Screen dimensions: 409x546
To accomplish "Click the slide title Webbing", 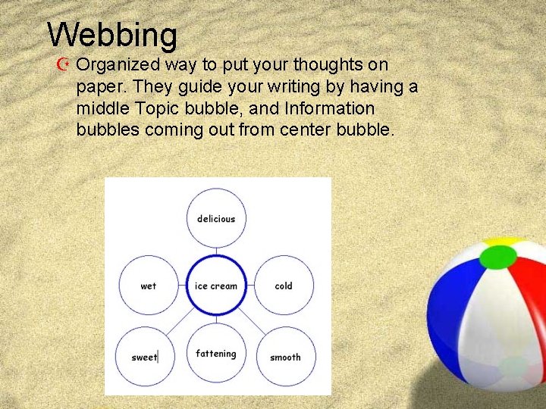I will [x=112, y=34].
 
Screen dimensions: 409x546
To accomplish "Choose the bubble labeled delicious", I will [x=216, y=219].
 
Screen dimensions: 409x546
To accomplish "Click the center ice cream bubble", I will [x=216, y=286].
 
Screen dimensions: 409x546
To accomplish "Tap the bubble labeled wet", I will [x=149, y=286].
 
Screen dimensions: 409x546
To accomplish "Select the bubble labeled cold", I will [x=284, y=286].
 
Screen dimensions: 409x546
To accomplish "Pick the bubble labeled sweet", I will [x=144, y=357].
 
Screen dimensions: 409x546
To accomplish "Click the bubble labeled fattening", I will [x=216, y=354].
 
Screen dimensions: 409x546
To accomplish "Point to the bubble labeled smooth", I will [x=285, y=357].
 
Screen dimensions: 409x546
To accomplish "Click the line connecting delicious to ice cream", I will [x=216, y=252].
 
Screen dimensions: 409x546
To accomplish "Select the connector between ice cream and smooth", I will [x=254, y=321].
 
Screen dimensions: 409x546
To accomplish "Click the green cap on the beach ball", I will [x=497, y=258].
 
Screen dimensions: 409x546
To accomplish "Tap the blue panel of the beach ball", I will [x=455, y=303].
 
